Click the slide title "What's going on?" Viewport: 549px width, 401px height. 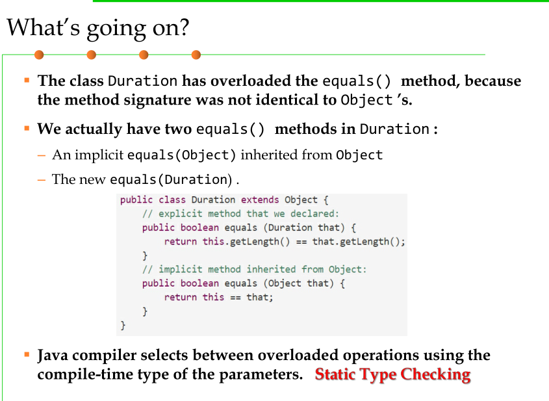[98, 29]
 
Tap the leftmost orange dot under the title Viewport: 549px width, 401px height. [39, 55]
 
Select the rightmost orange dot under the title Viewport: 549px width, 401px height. [196, 55]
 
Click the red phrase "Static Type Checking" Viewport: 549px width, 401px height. [392, 375]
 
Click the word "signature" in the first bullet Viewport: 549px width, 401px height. [158, 101]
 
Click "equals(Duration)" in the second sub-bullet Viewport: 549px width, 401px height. [171, 179]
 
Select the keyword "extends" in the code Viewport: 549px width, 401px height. [260, 200]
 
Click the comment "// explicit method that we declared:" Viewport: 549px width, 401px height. [240, 214]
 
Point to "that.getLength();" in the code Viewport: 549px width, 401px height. [359, 242]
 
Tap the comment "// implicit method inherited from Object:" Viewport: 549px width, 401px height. [254, 269]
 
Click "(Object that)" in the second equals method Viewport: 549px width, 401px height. [298, 283]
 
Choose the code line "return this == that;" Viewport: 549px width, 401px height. [218, 297]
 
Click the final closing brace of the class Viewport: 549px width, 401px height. [123, 326]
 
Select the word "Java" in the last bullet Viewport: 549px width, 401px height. [53, 356]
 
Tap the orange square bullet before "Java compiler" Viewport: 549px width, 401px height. [27, 355]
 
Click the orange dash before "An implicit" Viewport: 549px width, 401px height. [42, 155]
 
